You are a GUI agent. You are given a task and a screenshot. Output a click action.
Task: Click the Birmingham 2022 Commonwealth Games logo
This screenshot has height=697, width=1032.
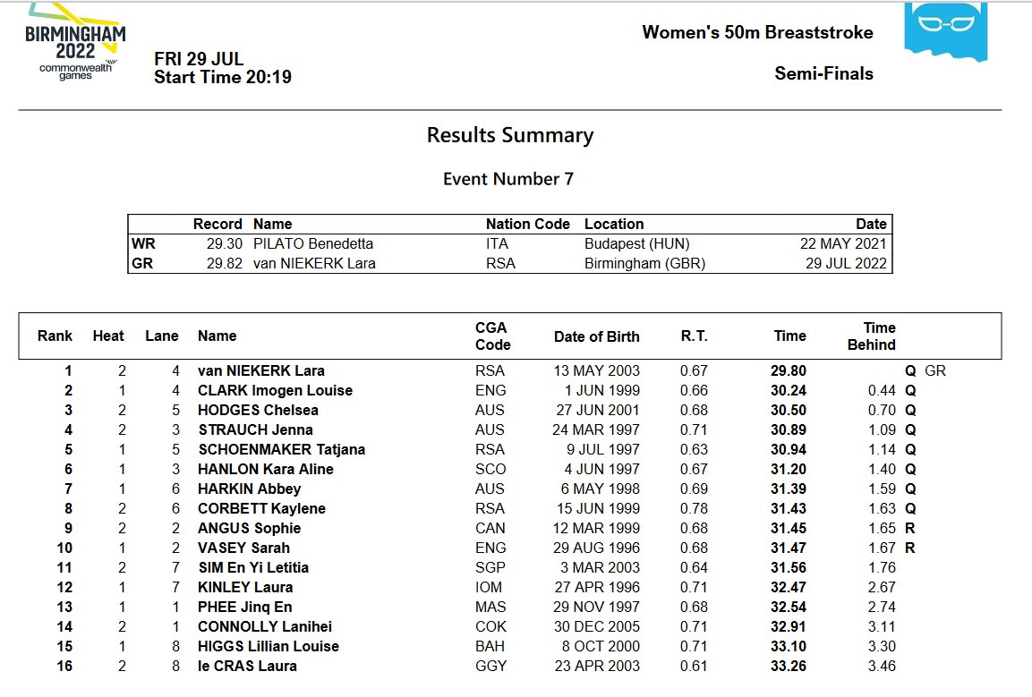coord(75,41)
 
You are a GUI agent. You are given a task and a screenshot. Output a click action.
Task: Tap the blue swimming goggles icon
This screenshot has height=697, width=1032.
coord(946,30)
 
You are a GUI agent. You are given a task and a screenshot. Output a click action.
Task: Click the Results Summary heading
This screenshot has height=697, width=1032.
coord(509,135)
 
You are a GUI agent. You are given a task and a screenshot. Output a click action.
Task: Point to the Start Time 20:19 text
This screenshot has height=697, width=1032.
coord(222,77)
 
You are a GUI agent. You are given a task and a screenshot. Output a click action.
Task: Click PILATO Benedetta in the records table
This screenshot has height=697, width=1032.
coord(312,243)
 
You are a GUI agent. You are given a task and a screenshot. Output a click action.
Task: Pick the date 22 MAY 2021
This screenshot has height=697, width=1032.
coord(843,243)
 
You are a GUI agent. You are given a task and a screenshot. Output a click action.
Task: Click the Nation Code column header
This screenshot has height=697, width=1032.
coord(527,224)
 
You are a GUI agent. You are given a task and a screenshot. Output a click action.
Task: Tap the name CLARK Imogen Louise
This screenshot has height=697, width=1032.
coord(275,390)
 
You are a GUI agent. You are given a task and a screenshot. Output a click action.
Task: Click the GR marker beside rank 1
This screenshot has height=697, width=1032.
coord(934,370)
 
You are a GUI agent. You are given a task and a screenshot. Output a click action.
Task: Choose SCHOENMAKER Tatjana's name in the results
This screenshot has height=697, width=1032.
coord(281,449)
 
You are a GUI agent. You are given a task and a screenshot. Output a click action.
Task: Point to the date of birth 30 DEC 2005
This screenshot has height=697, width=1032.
coord(597,626)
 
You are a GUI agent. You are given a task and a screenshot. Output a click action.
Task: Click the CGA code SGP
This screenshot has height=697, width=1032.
coord(490,567)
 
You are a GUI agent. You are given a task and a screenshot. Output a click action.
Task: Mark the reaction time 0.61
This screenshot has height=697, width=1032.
coord(694,666)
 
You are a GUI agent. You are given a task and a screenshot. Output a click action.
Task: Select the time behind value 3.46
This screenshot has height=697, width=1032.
coord(882,666)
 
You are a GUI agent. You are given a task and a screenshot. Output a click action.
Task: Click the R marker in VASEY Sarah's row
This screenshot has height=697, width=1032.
coord(910,548)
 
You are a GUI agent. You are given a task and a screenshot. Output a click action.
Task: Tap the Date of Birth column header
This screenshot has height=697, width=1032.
coord(597,336)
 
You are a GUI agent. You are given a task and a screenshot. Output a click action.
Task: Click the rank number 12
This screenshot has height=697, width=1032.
coord(64,587)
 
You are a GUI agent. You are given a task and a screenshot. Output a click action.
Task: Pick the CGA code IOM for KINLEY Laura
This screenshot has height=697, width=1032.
coord(490,587)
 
